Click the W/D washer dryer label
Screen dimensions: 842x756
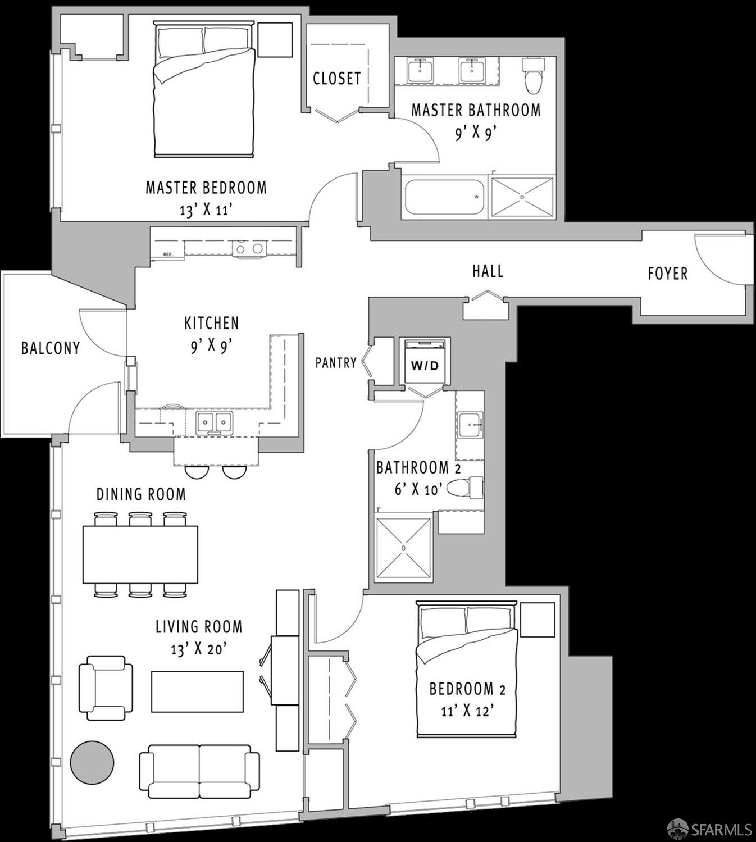click(x=425, y=366)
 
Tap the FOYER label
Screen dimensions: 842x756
click(x=667, y=274)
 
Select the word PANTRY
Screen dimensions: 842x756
click(x=335, y=363)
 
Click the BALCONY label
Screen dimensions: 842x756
click(x=50, y=348)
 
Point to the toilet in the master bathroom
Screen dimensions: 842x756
click(x=532, y=75)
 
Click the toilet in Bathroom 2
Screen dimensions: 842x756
click(x=466, y=488)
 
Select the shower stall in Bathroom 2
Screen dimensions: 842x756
click(x=403, y=547)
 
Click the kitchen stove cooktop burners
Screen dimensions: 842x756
click(x=249, y=248)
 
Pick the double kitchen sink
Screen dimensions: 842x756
click(x=215, y=422)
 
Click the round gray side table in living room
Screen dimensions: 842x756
click(x=92, y=762)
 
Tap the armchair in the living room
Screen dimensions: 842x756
click(x=106, y=688)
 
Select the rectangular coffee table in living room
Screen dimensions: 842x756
click(x=197, y=691)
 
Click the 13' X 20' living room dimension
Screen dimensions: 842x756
click(x=198, y=649)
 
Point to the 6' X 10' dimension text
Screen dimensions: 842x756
click(x=415, y=489)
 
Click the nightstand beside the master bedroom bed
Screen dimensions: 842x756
click(x=275, y=40)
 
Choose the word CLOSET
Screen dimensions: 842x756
click(x=336, y=78)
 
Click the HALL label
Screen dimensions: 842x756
click(x=488, y=271)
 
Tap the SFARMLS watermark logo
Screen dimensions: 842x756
click(x=709, y=828)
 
